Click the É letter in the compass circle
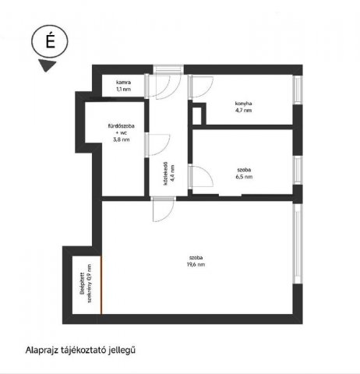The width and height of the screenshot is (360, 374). (51, 41)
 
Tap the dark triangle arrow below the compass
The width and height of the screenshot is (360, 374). (47, 65)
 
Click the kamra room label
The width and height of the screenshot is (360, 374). (123, 83)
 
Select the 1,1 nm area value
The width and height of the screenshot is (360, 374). (123, 89)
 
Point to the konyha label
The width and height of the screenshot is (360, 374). (243, 104)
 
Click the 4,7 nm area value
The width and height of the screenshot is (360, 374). (243, 110)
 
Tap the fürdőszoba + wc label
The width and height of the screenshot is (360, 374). (121, 129)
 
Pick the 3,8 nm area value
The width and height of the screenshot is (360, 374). (121, 139)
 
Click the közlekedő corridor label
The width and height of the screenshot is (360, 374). (165, 174)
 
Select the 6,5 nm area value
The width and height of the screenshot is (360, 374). (244, 177)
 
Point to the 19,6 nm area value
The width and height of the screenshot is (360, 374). (196, 264)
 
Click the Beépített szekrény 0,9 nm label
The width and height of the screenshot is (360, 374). (86, 284)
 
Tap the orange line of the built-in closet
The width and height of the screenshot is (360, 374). (101, 285)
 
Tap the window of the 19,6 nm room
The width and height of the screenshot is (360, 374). (298, 243)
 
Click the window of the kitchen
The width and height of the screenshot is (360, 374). (298, 90)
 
